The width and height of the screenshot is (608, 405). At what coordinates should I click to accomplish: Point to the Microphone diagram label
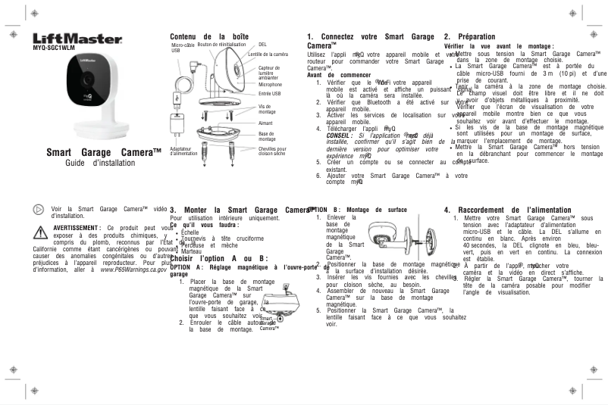(x=271, y=85)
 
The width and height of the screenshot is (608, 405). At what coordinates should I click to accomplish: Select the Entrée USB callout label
(x=270, y=94)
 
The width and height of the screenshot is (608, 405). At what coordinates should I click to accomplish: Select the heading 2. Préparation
(x=469, y=36)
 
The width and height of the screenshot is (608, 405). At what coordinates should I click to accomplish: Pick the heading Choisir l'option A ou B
(x=219, y=257)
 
